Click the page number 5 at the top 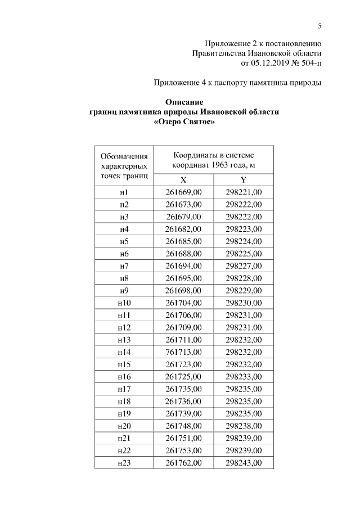319,25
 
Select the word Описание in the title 184,102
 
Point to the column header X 183,180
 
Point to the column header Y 244,180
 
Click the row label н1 124,192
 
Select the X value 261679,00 183,217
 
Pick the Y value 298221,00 244,192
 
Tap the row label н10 124,303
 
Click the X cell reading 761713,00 183,352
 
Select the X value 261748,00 183,426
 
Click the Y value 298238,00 244,426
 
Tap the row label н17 124,389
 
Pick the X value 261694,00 183,266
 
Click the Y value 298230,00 244,303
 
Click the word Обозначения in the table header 124,156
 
